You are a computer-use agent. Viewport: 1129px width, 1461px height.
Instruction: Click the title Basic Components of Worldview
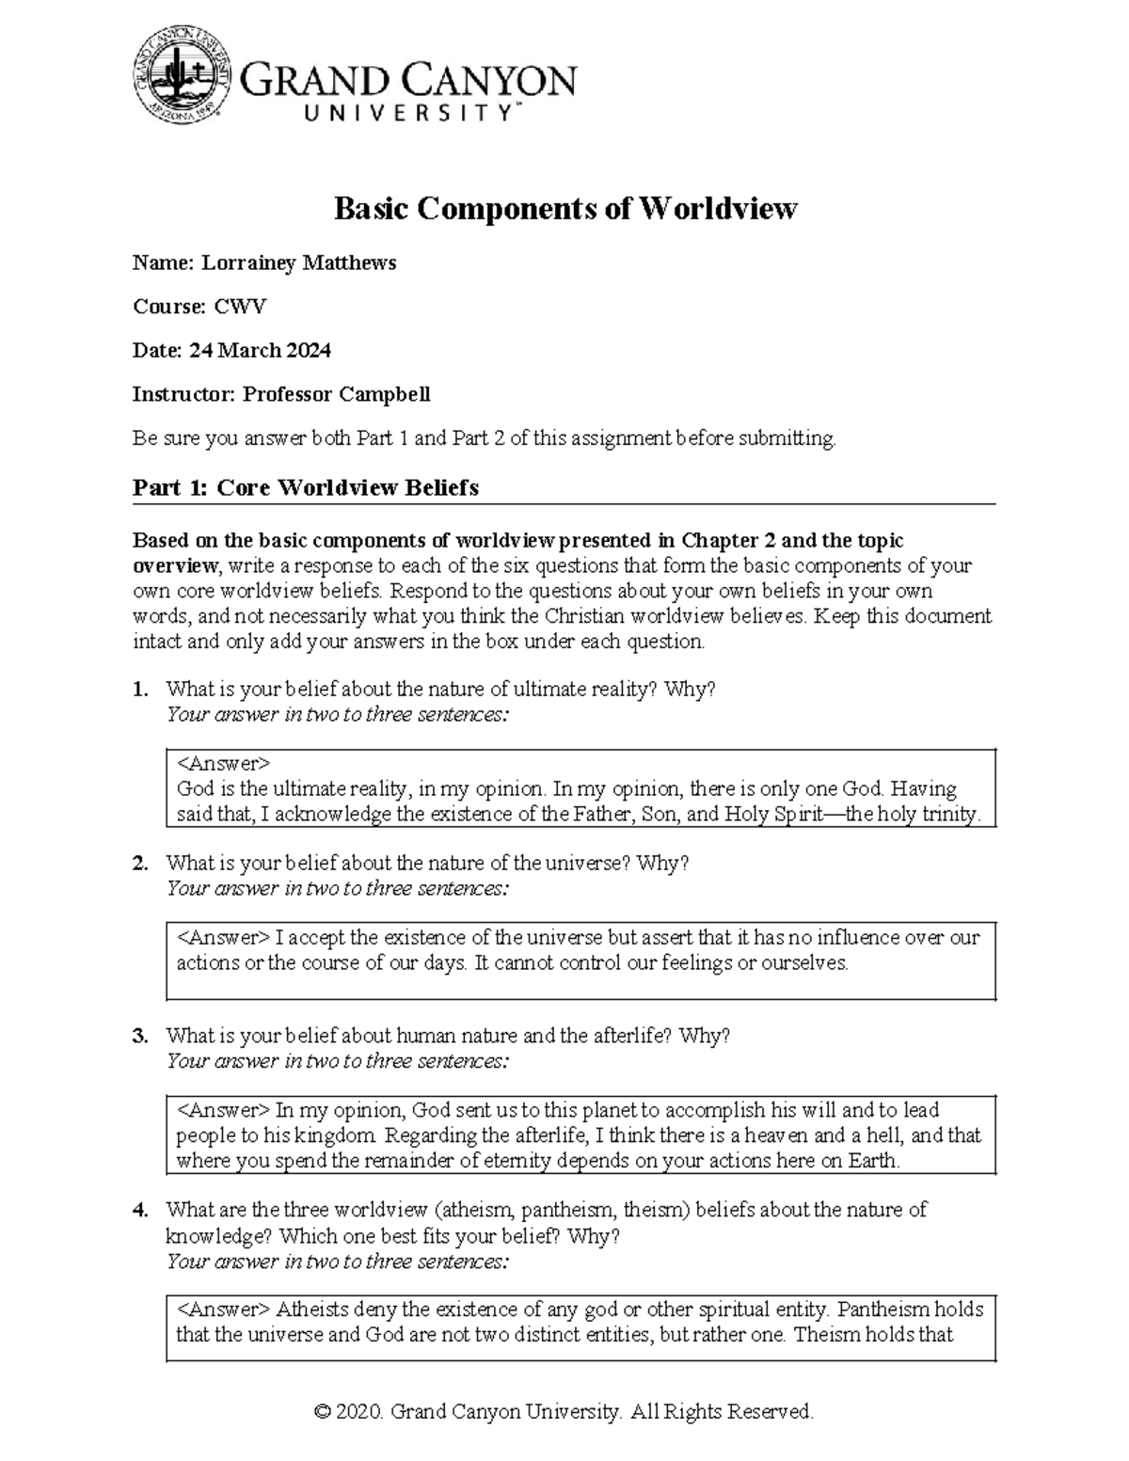click(x=565, y=208)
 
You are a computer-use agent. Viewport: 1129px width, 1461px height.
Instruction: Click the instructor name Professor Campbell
click(x=336, y=394)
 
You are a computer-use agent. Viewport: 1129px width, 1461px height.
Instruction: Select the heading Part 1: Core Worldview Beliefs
click(x=306, y=487)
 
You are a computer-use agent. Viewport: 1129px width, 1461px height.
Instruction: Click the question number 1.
click(x=139, y=690)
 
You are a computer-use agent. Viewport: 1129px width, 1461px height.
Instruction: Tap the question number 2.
click(x=139, y=863)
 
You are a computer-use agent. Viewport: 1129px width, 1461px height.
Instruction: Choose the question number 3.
click(x=139, y=1036)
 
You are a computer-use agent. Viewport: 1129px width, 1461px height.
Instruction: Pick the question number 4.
click(x=139, y=1210)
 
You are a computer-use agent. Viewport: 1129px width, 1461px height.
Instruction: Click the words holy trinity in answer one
click(x=927, y=815)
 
